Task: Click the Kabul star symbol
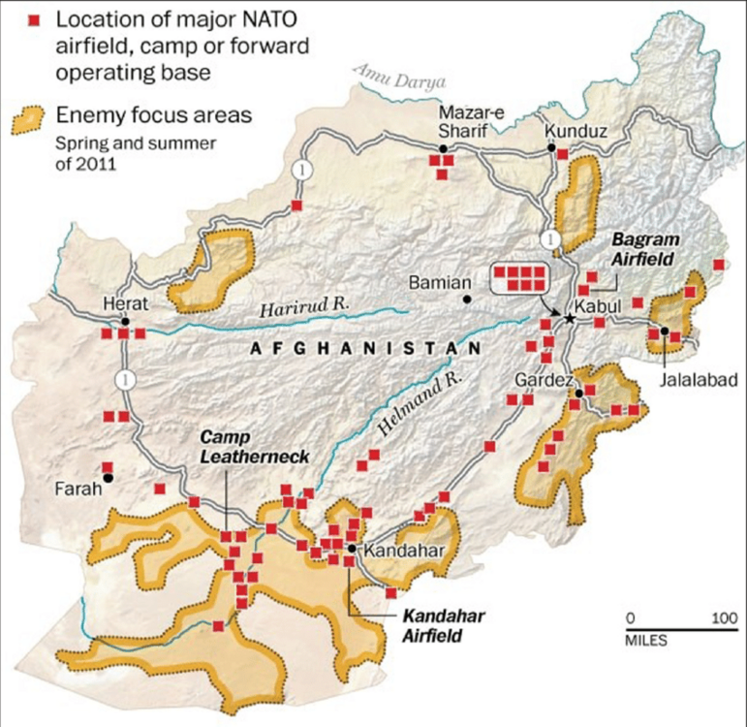tap(571, 318)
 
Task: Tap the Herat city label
tap(123, 303)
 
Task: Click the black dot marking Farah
tap(108, 478)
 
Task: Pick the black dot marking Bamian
tap(467, 300)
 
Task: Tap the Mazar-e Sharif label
tap(472, 122)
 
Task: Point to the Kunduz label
tap(575, 129)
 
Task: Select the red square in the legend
tap(36, 21)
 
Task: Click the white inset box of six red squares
tap(520, 277)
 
